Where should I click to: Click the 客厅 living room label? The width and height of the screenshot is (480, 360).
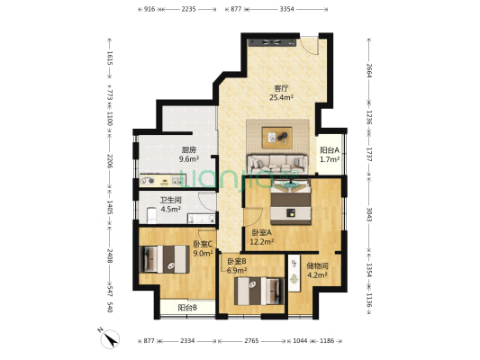pos(281,88)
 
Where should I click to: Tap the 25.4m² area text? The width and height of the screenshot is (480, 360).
pos(281,98)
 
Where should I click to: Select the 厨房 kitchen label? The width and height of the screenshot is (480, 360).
pos(188,149)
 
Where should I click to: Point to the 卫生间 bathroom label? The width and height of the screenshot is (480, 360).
pos(170,200)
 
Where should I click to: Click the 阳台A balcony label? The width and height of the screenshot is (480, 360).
pos(330,150)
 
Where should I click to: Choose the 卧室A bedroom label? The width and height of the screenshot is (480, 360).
pos(262,232)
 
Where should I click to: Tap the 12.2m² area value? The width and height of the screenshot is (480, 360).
pos(262,242)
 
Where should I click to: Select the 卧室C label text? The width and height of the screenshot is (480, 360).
pos(204,244)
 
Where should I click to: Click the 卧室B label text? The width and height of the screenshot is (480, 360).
pos(237,262)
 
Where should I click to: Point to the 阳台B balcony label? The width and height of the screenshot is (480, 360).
pos(187,308)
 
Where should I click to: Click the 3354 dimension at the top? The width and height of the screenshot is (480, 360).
pos(285,8)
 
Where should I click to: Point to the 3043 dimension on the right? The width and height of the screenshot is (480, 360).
pos(367,212)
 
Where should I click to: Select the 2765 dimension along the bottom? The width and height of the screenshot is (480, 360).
pos(253,341)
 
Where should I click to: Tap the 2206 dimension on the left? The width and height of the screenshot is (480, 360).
pos(110,161)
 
